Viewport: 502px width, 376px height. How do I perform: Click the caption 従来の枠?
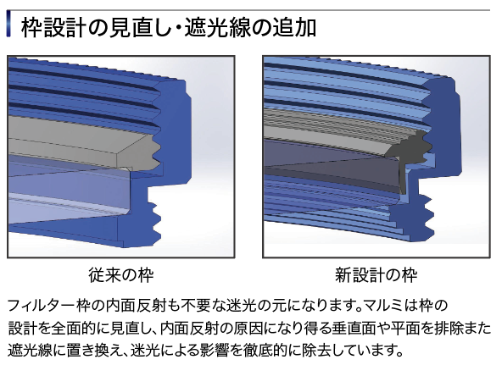pos(121,274)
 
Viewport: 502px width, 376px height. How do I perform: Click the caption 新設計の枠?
pos(376,274)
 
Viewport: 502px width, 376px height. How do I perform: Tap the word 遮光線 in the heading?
pos(218,28)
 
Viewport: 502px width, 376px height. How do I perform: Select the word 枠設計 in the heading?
pos(53,28)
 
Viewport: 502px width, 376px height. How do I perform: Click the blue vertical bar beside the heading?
pos(8,25)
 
